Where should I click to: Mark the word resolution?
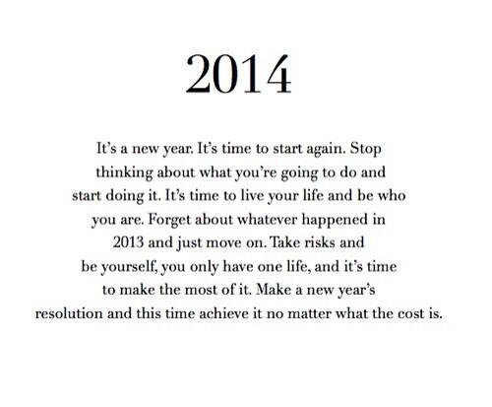72,316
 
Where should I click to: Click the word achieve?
246,316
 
